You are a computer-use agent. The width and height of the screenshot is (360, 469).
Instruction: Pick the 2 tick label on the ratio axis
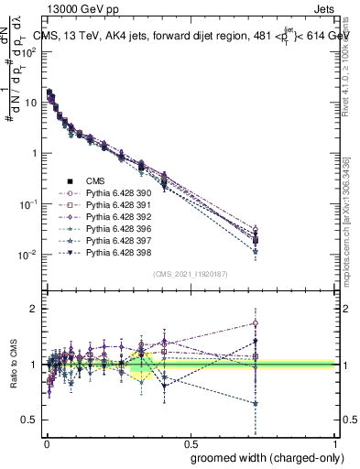tap(35, 309)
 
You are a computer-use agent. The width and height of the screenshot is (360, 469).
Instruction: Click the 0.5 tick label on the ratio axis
tap(30, 420)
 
